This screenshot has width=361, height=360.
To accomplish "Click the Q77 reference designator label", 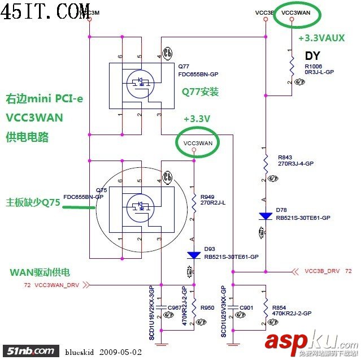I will (184, 66).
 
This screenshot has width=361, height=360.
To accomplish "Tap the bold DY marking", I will (312, 55).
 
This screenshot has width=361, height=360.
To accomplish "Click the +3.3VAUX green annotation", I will (322, 38).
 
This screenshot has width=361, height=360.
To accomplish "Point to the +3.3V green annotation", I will (197, 119).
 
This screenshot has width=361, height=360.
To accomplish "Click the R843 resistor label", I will (285, 157).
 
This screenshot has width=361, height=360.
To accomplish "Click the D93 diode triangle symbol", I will (194, 255).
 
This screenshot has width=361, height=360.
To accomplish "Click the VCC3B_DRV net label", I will (322, 271).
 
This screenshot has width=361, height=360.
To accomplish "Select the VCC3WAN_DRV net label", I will (57, 285).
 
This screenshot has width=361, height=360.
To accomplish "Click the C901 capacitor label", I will (247, 307).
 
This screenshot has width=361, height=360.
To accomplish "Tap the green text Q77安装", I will (200, 92).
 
